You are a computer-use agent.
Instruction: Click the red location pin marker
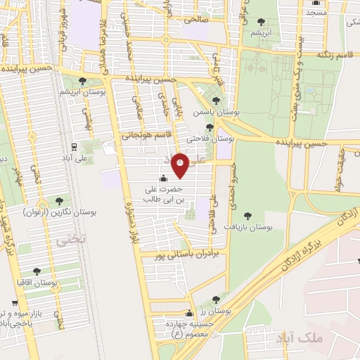pyautogui.click(x=181, y=165)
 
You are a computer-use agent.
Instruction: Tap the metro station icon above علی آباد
pyautogui.click(x=75, y=147)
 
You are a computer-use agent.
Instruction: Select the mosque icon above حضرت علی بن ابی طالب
pyautogui.click(x=164, y=179)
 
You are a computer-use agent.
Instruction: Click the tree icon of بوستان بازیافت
pyautogui.click(x=247, y=216)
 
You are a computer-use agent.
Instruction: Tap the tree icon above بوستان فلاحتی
pyautogui.click(x=209, y=127)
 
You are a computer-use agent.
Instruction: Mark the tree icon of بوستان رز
pyautogui.click(x=217, y=299)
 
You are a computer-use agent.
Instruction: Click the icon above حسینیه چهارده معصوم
pyautogui.click(x=188, y=314)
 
